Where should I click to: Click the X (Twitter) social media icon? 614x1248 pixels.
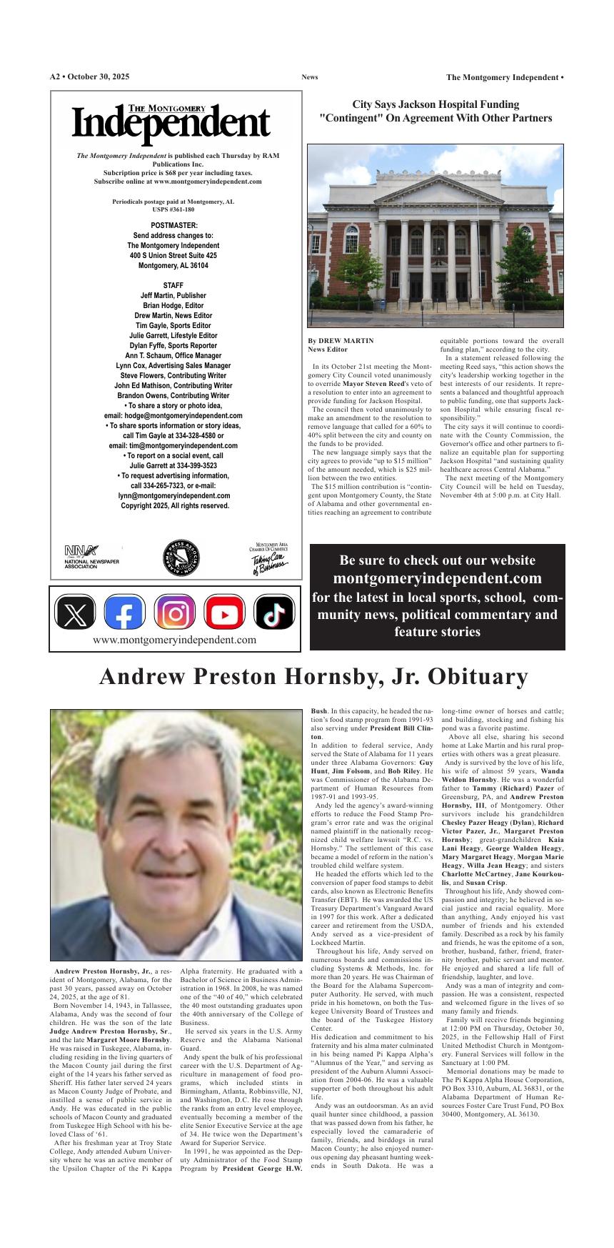(74, 613)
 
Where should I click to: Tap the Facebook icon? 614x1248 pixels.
(124, 613)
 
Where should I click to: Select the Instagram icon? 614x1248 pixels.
(174, 613)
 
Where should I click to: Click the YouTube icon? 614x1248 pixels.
(224, 613)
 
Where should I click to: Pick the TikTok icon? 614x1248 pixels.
(274, 613)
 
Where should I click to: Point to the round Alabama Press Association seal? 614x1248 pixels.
(181, 558)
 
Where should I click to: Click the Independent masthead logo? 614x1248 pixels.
(171, 122)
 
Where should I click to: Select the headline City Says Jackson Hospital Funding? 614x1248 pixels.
(436, 104)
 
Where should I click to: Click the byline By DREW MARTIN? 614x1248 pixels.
(341, 341)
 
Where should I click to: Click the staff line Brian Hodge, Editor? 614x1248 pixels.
(173, 305)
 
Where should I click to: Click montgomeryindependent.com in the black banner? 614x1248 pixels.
(437, 578)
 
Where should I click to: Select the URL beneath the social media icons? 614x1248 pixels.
(174, 640)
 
